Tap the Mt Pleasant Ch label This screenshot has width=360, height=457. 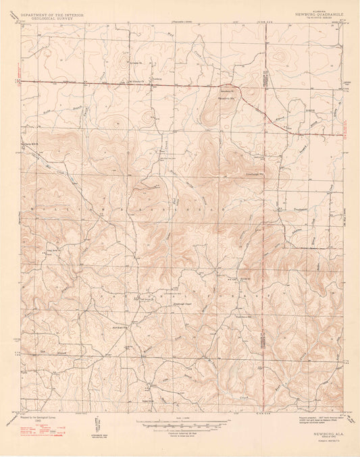[134, 84]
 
